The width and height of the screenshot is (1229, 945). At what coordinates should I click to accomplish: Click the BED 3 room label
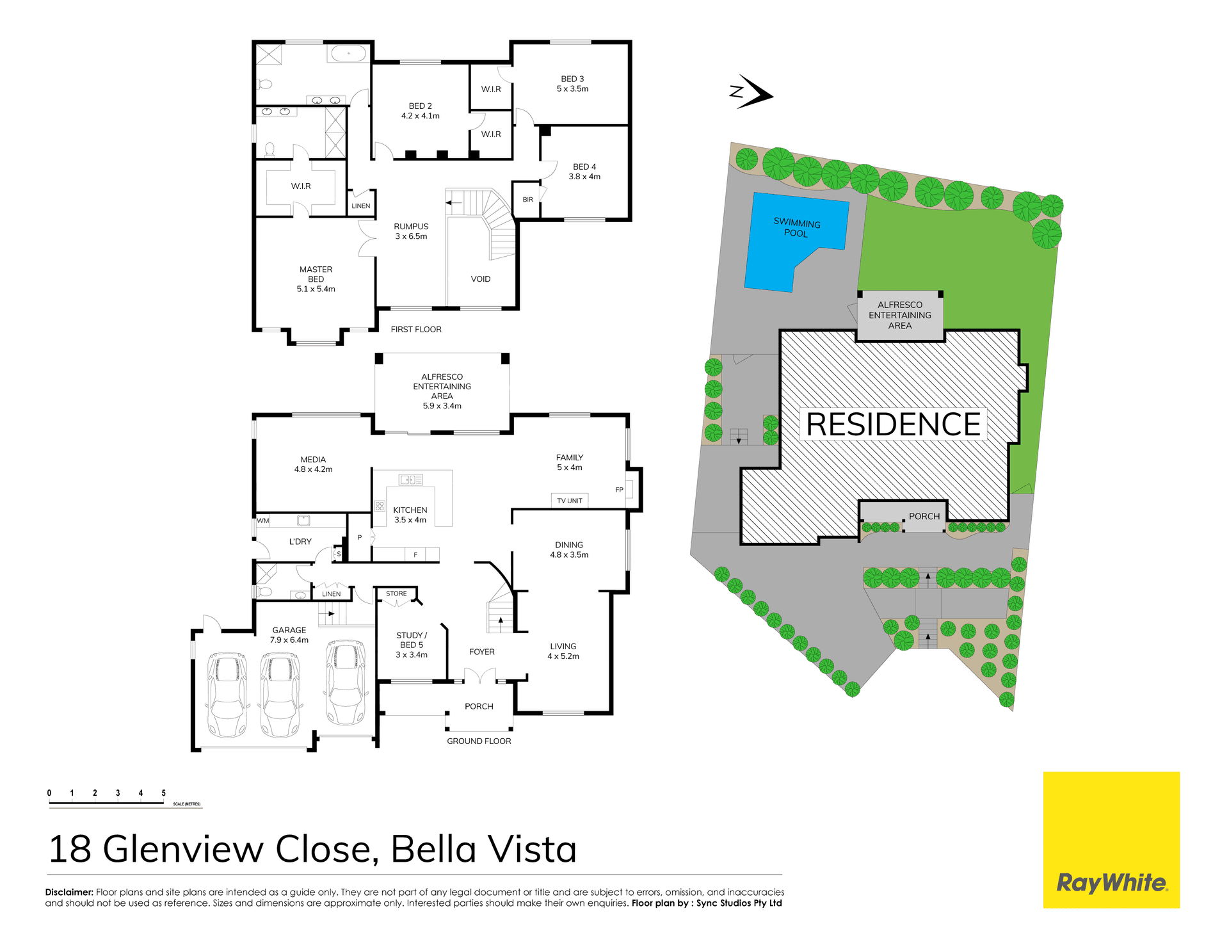(x=572, y=84)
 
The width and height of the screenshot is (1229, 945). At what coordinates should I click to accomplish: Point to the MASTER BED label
(x=316, y=279)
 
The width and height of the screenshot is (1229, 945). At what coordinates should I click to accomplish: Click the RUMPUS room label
(x=411, y=231)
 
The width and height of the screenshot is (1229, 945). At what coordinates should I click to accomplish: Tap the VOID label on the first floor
(x=480, y=279)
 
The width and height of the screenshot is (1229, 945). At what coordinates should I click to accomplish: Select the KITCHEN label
(x=410, y=515)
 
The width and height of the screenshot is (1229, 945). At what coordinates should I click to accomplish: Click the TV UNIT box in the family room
(x=569, y=501)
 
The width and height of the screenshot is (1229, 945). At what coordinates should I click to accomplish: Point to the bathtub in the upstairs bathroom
(x=348, y=53)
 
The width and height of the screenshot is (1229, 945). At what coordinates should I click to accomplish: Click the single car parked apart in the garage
(x=346, y=682)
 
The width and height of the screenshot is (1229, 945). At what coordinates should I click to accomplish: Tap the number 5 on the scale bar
(x=163, y=793)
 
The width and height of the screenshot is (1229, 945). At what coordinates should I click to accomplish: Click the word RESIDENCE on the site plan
(x=893, y=424)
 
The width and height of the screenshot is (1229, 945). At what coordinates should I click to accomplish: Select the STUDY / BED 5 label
(x=412, y=645)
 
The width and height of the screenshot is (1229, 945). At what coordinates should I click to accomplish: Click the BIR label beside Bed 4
(x=527, y=200)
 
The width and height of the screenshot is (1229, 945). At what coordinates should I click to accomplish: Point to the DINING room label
(x=569, y=549)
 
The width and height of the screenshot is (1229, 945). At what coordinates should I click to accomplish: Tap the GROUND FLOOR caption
(x=479, y=741)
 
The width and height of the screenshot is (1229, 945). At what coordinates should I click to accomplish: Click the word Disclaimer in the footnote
(x=69, y=892)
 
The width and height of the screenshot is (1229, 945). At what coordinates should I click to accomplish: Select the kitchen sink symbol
(x=410, y=480)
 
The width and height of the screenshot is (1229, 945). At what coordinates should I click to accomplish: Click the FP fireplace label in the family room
(x=619, y=490)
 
